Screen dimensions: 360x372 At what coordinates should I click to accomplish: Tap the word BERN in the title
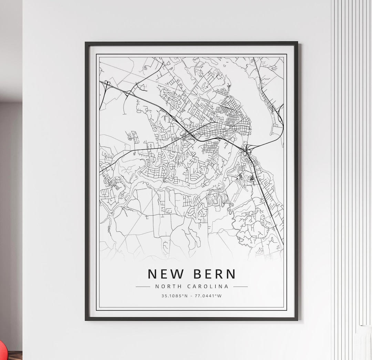(215, 274)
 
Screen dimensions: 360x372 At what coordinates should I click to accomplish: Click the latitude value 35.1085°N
(175, 296)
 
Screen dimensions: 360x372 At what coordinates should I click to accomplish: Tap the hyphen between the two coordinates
(192, 296)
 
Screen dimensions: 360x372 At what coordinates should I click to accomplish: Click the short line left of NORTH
(143, 286)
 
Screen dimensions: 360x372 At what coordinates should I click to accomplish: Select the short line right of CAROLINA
(240, 286)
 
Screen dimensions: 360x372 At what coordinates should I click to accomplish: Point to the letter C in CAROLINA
(189, 286)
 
